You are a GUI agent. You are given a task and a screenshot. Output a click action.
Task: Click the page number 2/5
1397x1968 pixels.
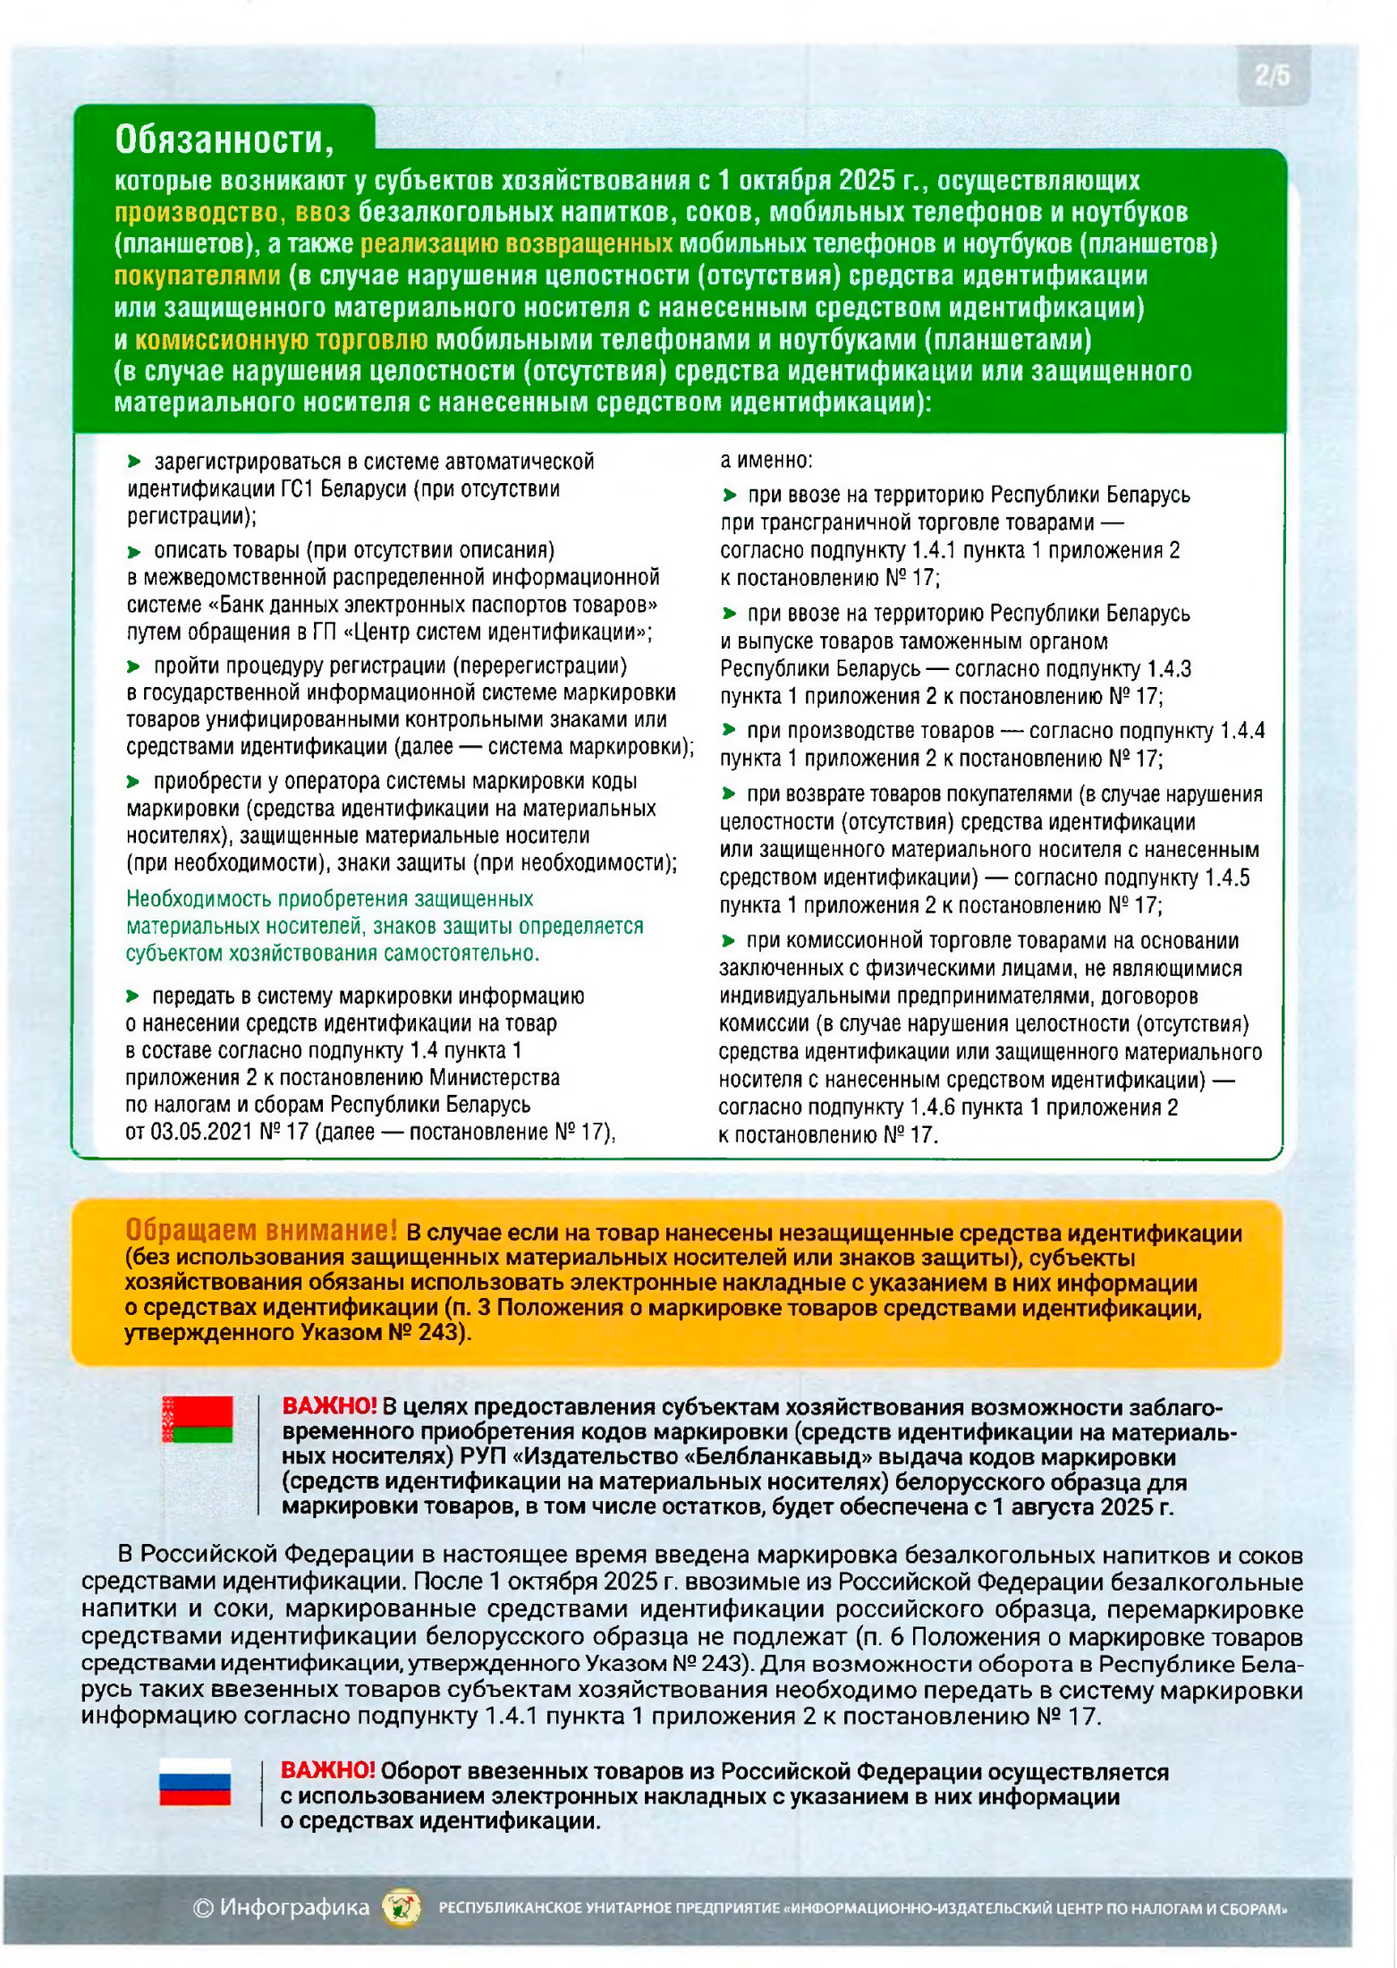click(1272, 75)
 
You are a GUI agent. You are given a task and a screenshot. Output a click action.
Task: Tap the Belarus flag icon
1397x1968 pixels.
click(197, 1419)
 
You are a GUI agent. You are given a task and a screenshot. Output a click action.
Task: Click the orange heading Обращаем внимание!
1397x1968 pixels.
click(261, 1230)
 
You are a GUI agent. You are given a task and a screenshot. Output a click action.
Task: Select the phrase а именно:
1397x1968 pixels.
click(766, 460)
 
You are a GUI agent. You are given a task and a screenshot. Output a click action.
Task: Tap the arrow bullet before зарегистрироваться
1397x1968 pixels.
click(134, 462)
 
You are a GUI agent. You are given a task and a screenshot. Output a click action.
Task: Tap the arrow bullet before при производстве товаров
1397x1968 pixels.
click(729, 730)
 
